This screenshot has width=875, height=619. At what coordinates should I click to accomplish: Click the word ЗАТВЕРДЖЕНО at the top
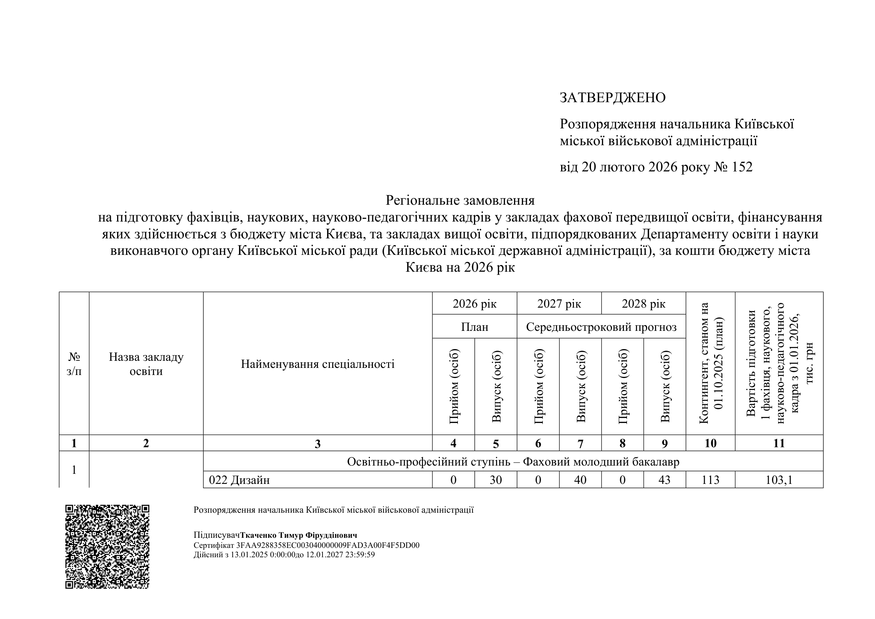coord(612,98)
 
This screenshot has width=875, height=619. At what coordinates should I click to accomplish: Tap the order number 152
coord(742,167)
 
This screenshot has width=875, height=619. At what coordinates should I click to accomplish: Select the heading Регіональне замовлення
coord(460,200)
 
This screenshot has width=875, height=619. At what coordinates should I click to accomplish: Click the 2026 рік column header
coord(474,304)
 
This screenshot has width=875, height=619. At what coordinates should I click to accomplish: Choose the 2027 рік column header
coord(559,304)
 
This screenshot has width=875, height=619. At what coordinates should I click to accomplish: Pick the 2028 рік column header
coord(644,304)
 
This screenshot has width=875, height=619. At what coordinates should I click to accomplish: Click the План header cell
coord(474,327)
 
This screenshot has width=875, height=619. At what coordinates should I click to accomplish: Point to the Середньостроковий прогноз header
coord(602,327)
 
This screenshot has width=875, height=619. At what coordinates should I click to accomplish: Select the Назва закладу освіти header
coord(146,364)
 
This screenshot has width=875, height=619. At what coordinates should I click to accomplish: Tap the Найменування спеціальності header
coord(318,364)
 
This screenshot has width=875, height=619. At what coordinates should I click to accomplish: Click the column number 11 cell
coord(779,443)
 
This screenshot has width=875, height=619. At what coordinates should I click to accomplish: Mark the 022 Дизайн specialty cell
coord(239,480)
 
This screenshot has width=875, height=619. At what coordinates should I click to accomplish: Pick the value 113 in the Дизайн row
coord(710,480)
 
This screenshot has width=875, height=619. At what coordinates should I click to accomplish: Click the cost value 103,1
coord(779,480)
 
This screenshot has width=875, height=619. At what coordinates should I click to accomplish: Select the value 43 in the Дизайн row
coord(664,480)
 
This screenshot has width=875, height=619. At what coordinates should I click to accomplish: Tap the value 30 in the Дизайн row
coord(495,480)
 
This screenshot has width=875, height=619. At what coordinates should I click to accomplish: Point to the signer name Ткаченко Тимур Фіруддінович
coord(299,536)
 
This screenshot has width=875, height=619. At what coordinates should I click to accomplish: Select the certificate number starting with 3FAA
coord(328,545)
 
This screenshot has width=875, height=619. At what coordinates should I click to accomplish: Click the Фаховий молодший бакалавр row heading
coord(513,462)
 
